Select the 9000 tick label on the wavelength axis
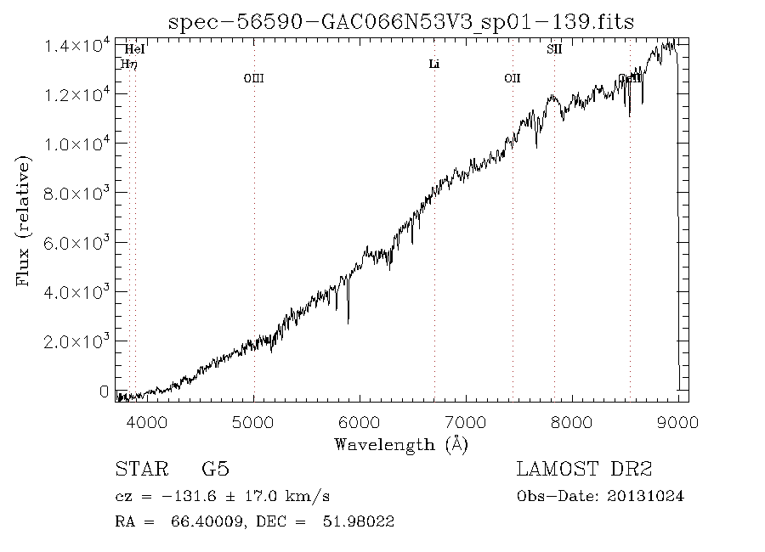[x=678, y=422]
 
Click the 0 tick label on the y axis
[x=104, y=391]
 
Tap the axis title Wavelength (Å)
[x=401, y=443]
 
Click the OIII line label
[x=253, y=78]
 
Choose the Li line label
[x=433, y=64]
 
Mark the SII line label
[x=553, y=49]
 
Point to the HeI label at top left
[x=133, y=50]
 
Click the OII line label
[x=512, y=78]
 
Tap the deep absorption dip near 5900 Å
[x=348, y=318]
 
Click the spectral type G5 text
[x=215, y=469]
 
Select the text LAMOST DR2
[x=584, y=469]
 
